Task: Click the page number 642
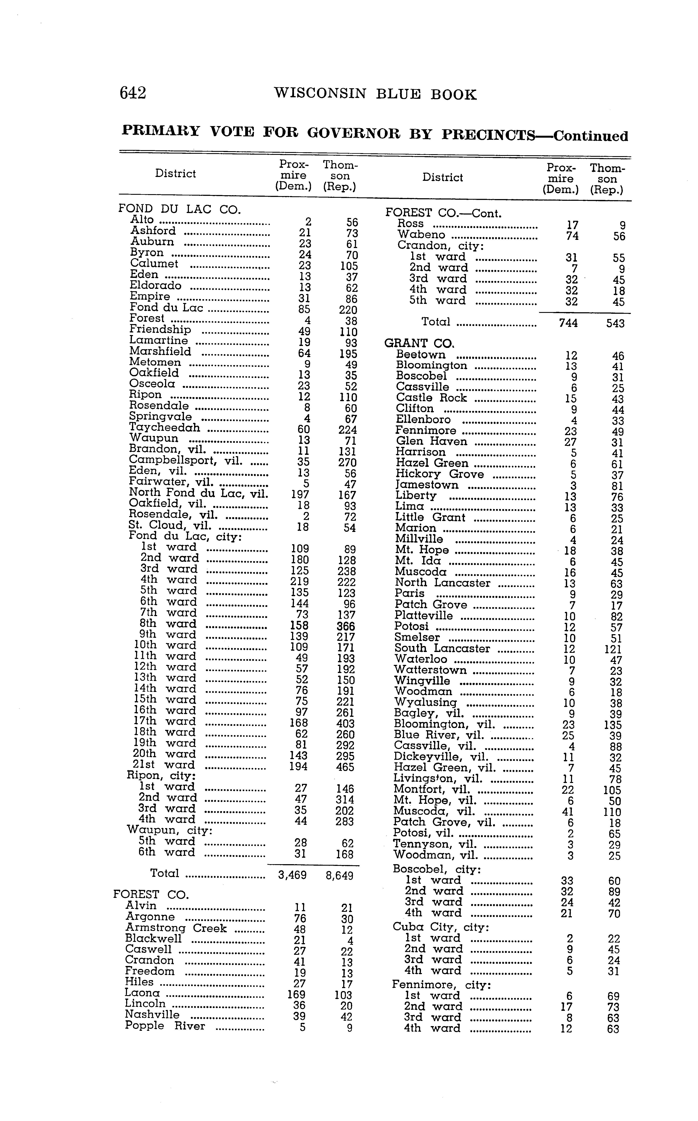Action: pyautogui.click(x=133, y=94)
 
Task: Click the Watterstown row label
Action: pyautogui.click(x=430, y=670)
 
